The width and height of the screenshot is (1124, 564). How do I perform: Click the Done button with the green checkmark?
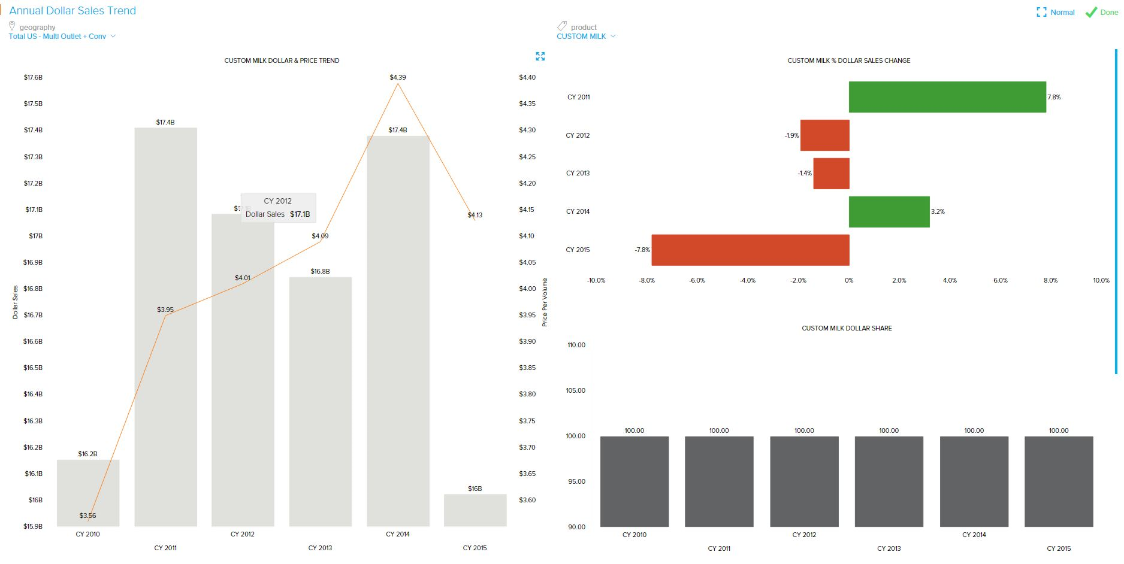pos(1102,13)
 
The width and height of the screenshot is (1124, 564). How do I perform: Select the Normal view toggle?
pos(1056,13)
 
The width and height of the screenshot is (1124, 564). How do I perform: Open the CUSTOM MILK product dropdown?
pos(586,37)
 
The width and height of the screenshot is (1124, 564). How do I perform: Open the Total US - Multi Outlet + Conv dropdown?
pos(62,37)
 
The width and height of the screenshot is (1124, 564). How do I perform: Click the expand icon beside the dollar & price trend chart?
pos(540,56)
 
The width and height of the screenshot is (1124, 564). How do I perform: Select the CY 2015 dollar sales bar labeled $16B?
pos(475,510)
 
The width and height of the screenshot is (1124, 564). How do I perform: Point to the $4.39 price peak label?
pos(398,77)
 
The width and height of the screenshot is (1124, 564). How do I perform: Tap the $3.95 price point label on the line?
pos(165,310)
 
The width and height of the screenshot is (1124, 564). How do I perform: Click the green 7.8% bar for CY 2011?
pos(947,97)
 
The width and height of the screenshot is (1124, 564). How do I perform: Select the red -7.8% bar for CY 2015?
pos(750,250)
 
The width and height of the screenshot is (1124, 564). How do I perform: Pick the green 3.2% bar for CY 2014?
pos(889,211)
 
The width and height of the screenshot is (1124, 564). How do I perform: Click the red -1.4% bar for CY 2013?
pos(831,174)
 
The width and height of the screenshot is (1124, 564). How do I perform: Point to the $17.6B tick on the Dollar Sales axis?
pos(33,77)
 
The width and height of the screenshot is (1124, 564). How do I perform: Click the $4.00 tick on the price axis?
pos(527,289)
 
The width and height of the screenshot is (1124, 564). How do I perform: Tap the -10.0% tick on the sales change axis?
pos(596,280)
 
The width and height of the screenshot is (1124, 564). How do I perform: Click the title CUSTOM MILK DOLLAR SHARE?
pos(847,328)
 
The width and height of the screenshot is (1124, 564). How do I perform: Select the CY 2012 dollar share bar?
pos(804,481)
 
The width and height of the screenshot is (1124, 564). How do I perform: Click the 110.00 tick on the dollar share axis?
pos(576,345)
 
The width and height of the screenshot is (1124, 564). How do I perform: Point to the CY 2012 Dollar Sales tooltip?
pos(278,208)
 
